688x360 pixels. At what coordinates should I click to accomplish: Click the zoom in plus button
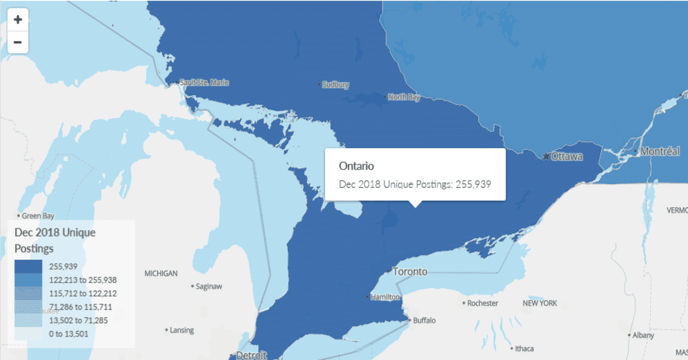coord(18,19)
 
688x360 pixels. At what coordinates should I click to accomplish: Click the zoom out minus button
coord(18,42)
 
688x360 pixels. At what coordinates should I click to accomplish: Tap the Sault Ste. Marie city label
coord(204,83)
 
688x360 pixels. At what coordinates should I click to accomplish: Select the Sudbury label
coord(335,84)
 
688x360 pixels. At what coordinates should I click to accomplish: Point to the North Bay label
coord(404,97)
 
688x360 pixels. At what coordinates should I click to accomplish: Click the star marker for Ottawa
coord(546,156)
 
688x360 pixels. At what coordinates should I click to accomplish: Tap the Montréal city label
coord(660,152)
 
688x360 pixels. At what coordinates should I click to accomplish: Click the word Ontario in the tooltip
coord(356,166)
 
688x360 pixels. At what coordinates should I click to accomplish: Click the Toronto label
coord(410,271)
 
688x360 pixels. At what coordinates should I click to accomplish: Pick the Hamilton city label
coord(385,297)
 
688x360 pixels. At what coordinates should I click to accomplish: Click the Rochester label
coord(483,303)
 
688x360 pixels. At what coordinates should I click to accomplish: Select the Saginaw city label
coord(209,285)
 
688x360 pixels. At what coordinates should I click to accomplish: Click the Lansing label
coord(182,330)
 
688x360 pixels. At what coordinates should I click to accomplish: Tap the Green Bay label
coord(38,216)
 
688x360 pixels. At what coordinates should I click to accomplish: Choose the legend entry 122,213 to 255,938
coord(83,280)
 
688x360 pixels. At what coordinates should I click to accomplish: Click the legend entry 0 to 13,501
coord(69,334)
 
